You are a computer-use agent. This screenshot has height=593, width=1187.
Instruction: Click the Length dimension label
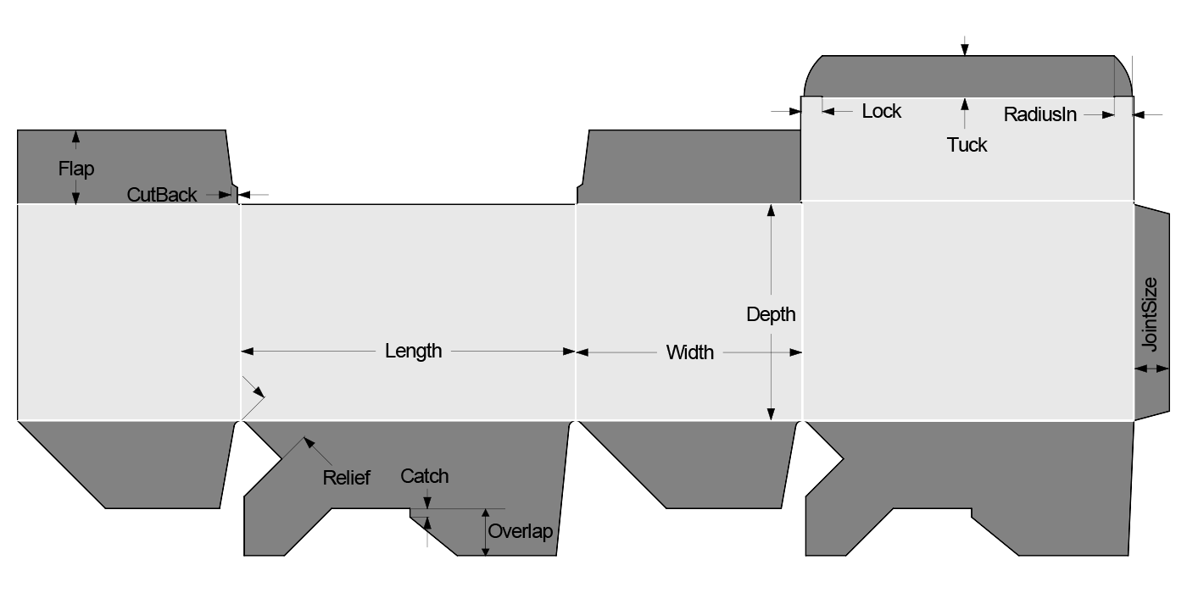point(413,351)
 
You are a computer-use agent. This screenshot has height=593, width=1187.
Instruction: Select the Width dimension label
point(689,352)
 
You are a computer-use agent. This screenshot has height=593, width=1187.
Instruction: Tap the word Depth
point(771,314)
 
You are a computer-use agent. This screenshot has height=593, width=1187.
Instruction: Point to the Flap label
point(76,169)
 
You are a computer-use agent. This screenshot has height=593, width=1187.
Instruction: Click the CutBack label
point(162,195)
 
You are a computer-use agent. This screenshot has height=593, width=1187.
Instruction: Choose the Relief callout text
point(346,478)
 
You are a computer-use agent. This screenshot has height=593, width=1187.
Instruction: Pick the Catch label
point(425,476)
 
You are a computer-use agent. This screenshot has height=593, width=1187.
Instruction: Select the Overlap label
point(520,532)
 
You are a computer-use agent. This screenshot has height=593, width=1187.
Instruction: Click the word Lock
point(881,112)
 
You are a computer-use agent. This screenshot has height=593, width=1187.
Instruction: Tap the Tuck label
point(967,145)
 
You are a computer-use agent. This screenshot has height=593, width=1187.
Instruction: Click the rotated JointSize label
point(1150,314)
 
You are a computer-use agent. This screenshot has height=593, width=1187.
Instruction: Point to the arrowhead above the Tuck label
point(964,104)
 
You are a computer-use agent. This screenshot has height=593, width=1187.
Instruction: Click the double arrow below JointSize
point(1151,369)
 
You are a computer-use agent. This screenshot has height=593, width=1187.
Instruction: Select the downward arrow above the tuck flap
point(964,50)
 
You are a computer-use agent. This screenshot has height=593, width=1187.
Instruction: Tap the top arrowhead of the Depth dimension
point(771,211)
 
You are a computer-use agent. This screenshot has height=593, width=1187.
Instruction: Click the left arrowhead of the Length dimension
point(248,352)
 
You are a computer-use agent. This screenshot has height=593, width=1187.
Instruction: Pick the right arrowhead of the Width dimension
point(796,352)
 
